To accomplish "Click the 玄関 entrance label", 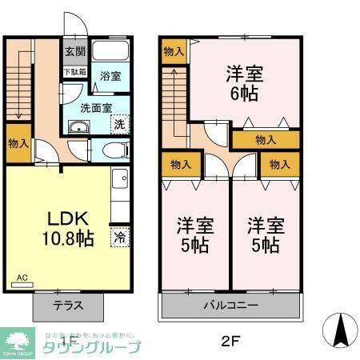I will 72,52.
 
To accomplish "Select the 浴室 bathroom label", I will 110,77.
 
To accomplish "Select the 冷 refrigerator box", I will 119,238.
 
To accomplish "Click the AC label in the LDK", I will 22,278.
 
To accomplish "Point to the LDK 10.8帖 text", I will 60,228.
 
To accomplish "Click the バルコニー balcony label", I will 230,305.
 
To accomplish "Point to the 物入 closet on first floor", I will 18,144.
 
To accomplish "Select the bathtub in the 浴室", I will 110,53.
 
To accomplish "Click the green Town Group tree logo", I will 15,340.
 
